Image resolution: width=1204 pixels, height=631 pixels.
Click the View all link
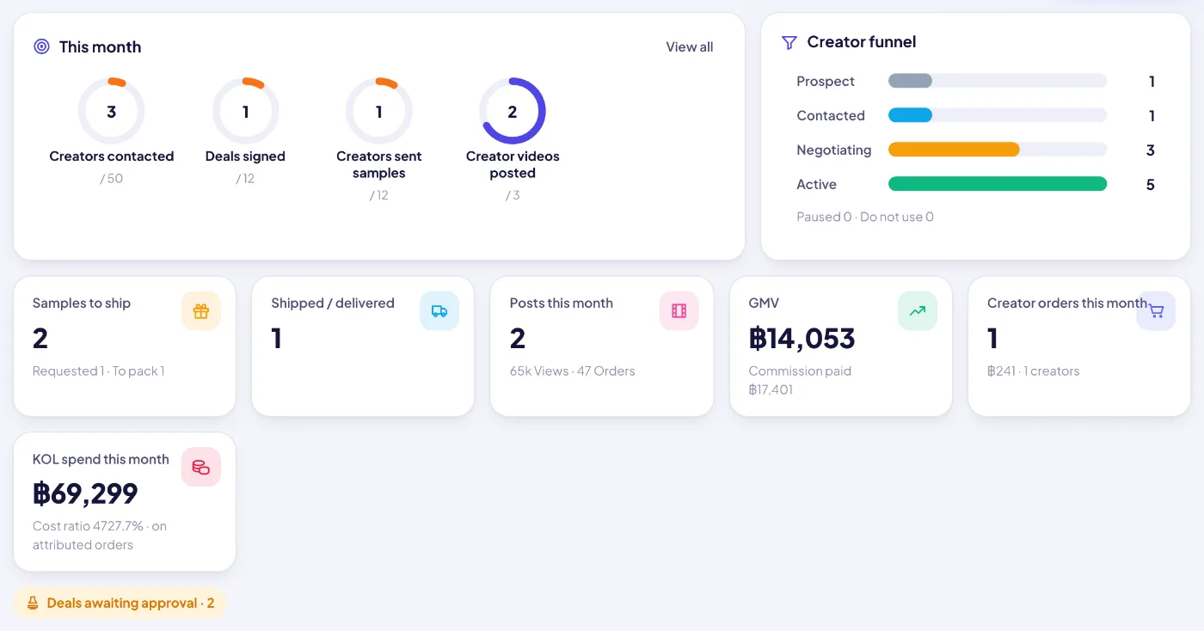[689, 46]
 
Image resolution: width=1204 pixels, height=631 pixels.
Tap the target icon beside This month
[41, 46]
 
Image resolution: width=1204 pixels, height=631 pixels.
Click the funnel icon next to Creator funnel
[789, 42]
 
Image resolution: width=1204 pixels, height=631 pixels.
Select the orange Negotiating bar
[954, 150]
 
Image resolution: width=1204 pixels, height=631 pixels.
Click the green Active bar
[997, 184]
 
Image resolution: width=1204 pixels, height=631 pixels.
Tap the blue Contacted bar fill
[910, 115]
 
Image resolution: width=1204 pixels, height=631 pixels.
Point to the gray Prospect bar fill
[910, 81]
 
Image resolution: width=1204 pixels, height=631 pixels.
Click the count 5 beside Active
[1151, 184]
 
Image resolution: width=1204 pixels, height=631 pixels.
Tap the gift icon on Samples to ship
[201, 310]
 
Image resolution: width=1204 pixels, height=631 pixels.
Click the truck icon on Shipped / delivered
[439, 310]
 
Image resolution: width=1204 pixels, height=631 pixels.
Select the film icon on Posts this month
[679, 310]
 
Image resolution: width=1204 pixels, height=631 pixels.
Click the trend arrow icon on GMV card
[918, 310]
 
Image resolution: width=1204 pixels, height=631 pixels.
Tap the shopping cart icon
[1156, 310]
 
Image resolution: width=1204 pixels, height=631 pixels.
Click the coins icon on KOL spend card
[201, 467]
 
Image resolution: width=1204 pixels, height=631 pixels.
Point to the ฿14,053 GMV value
[802, 338]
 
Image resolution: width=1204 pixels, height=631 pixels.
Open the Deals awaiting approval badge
[120, 603]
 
